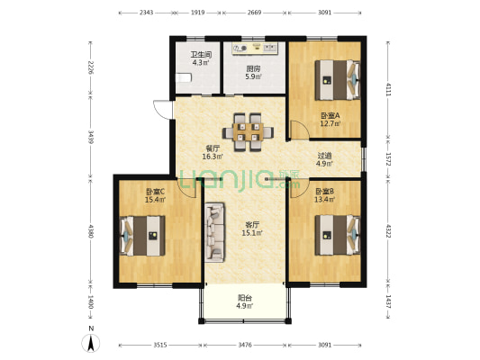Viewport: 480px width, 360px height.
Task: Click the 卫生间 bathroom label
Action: coord(201,55)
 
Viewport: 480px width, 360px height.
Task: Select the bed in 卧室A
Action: coord(338,80)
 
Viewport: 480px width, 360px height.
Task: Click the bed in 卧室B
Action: coord(338,235)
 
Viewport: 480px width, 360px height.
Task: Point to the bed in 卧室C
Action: coord(142,236)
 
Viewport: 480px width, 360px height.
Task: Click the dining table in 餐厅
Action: coord(248,132)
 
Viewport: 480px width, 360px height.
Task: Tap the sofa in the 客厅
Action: coord(214,232)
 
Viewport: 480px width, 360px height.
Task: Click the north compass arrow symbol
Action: coord(91,343)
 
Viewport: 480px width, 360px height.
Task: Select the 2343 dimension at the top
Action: coord(146,13)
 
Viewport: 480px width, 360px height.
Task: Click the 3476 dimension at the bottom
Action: coord(245,345)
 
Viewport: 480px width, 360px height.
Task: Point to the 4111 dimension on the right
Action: coord(388,89)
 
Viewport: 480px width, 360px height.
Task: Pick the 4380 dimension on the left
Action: coord(91,231)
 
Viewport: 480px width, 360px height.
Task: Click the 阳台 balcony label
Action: coord(245,298)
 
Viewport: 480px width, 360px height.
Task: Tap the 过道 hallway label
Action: coord(324,156)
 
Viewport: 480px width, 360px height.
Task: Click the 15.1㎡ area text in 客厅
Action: coord(252,233)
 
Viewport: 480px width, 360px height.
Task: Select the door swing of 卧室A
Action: coord(300,130)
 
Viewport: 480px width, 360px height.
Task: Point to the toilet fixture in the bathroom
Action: coord(184,77)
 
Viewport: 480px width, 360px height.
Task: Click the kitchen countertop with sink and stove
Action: coord(255,49)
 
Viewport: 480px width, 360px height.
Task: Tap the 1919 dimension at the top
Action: coord(198,13)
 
